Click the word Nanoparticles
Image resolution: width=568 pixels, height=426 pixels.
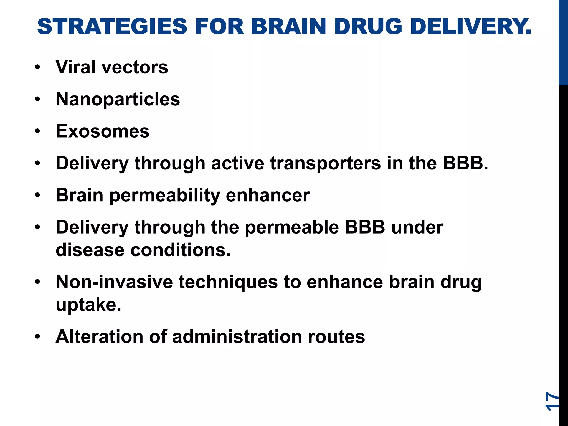[118, 99]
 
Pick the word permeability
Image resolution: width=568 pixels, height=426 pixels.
[165, 196]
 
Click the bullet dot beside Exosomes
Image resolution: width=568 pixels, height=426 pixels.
[38, 131]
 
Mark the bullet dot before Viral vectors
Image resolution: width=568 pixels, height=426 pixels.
[38, 67]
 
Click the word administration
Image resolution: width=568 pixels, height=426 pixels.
[237, 337]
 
